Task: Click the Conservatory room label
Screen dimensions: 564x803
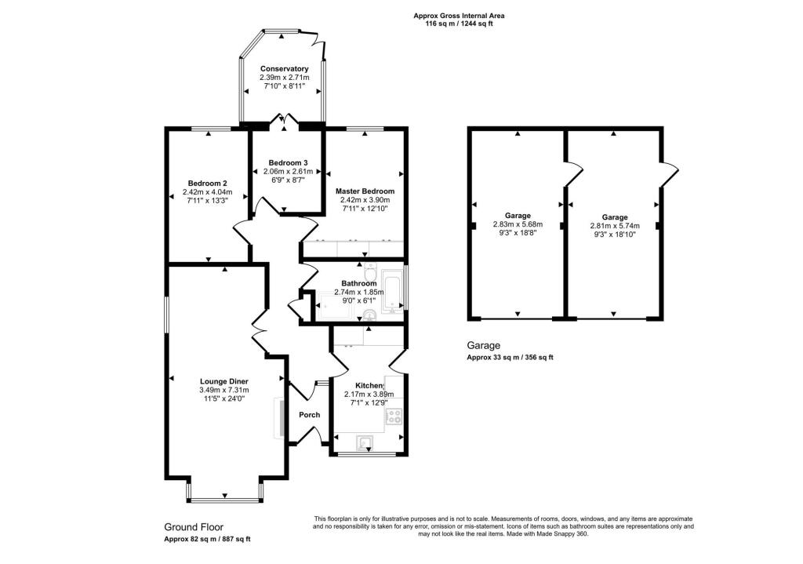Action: (284, 69)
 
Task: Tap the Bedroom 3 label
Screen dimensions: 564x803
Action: (287, 162)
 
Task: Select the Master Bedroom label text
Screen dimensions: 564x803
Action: (365, 191)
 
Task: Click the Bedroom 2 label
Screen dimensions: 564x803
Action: (208, 183)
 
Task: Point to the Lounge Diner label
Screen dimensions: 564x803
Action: (223, 381)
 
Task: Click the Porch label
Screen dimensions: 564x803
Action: (309, 415)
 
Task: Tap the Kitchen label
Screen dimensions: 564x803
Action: (369, 386)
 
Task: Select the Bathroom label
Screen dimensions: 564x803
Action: (361, 283)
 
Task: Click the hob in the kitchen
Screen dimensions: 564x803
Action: (395, 416)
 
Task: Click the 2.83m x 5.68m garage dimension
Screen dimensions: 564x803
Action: (518, 224)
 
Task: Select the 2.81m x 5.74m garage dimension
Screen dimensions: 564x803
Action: (615, 226)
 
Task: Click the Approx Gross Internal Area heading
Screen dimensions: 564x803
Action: (459, 16)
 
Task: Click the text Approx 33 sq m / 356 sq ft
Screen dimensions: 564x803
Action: (511, 358)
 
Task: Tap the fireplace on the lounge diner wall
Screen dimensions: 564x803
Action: (278, 416)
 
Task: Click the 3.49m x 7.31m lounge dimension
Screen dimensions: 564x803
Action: (223, 390)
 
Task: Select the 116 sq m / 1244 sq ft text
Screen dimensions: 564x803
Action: (459, 24)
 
